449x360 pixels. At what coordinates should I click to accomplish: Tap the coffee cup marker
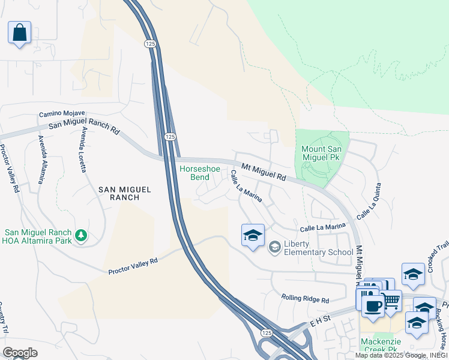coord(373,306)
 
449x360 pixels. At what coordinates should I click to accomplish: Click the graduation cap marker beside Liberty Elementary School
coord(253,235)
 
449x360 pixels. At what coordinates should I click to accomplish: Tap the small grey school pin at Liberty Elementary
coord(275,247)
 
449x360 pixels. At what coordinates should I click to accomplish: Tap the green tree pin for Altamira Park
coord(80,236)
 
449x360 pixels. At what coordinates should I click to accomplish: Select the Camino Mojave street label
coord(62,113)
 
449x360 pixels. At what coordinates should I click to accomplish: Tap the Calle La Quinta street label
coord(369,201)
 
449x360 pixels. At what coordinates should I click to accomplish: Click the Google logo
coord(20,353)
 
